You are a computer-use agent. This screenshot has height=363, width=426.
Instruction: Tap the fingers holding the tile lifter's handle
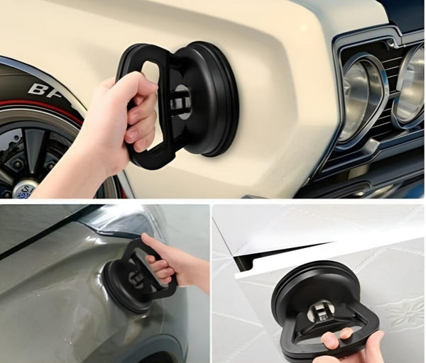351,340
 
